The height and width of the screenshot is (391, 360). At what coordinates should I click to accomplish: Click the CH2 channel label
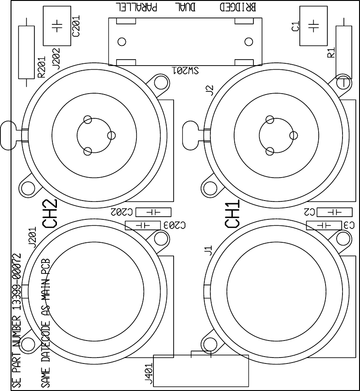coord(50,214)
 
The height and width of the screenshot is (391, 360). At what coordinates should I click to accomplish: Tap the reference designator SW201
coord(185,71)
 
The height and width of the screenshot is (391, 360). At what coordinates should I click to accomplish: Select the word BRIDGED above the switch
coord(238,8)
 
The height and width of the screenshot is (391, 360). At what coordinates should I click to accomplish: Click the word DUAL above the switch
coord(186,8)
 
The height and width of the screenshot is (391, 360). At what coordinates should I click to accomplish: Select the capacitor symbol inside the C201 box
coord(56,26)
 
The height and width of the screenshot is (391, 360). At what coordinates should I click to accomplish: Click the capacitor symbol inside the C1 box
coord(313,26)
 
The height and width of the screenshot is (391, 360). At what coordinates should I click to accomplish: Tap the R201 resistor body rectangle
coord(26,52)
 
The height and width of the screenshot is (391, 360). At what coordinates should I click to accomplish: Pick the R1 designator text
coord(331,52)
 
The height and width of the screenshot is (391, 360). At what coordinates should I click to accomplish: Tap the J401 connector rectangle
coord(201,370)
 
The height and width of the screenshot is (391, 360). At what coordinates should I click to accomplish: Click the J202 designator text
coord(56,58)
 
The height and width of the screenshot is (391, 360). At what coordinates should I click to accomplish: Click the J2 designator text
coord(210,90)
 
